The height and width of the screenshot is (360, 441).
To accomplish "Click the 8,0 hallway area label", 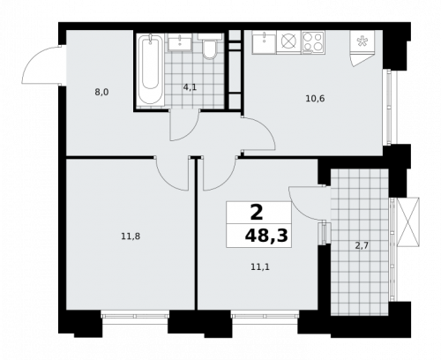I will point(102,90).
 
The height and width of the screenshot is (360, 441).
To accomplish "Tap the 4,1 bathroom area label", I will point(190,86).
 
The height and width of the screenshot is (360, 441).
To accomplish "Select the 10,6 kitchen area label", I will point(315,98).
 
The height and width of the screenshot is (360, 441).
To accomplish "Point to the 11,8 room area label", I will point(131,235).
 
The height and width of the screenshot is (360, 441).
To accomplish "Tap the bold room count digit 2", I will point(257,213).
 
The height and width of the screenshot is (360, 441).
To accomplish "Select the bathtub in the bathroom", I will point(151,70).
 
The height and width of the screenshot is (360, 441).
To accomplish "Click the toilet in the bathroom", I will point(209,48).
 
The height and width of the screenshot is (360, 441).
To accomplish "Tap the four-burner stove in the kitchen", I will point(313,41).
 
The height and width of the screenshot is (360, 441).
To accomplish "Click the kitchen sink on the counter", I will point(263,41).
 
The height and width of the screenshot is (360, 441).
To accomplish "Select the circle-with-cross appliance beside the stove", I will point(288,41).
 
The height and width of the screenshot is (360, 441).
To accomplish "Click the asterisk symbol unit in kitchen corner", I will point(363,41).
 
